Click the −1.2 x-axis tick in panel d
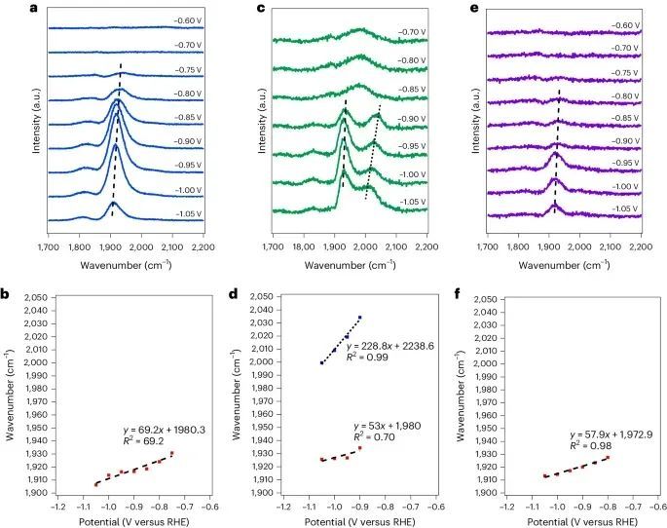[282, 507]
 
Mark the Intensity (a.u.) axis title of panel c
[260, 125]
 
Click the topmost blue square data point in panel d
[359, 318]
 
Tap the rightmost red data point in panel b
[171, 453]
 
